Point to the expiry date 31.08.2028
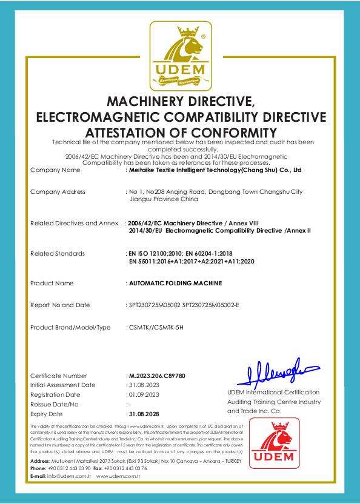point(144,413)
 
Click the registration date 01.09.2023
point(144,394)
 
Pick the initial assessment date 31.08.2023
point(144,385)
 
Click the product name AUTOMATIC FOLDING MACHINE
point(175,283)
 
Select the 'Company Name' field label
point(55,170)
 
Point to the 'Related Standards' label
point(58,253)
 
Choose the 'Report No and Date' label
point(60,305)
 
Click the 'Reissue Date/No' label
point(55,404)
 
